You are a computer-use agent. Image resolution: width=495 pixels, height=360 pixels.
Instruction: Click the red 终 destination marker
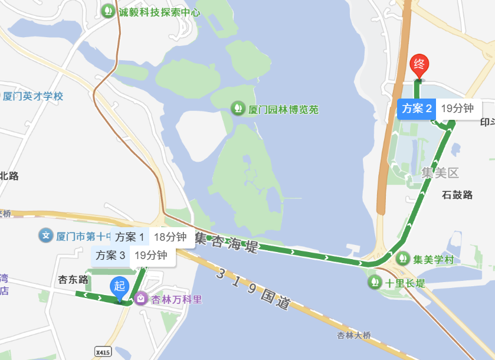click(x=419, y=64)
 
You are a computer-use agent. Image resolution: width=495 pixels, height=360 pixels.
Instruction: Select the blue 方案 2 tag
click(x=417, y=109)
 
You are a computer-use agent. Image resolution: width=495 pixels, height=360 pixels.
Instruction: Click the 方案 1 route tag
click(x=130, y=237)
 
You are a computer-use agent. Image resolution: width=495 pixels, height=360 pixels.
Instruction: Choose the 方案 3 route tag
click(x=110, y=256)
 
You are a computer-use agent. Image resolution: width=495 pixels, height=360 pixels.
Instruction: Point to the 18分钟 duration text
click(x=170, y=237)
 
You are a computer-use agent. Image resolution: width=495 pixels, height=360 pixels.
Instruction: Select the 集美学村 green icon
click(x=403, y=258)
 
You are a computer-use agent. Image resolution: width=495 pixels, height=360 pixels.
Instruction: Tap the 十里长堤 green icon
click(x=375, y=283)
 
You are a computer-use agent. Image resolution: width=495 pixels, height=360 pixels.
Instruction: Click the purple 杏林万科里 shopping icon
click(x=141, y=299)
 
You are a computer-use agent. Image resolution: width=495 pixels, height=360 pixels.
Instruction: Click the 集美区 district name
click(x=440, y=173)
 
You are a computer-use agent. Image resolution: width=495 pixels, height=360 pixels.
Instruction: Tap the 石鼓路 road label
click(x=457, y=195)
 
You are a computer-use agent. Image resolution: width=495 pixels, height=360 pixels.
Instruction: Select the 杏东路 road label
click(x=73, y=279)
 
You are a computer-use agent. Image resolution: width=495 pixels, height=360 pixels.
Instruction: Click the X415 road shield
click(x=103, y=352)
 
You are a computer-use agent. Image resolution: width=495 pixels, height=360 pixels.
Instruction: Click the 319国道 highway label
click(x=254, y=289)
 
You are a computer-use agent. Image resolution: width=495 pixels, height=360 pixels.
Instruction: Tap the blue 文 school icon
click(x=46, y=236)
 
